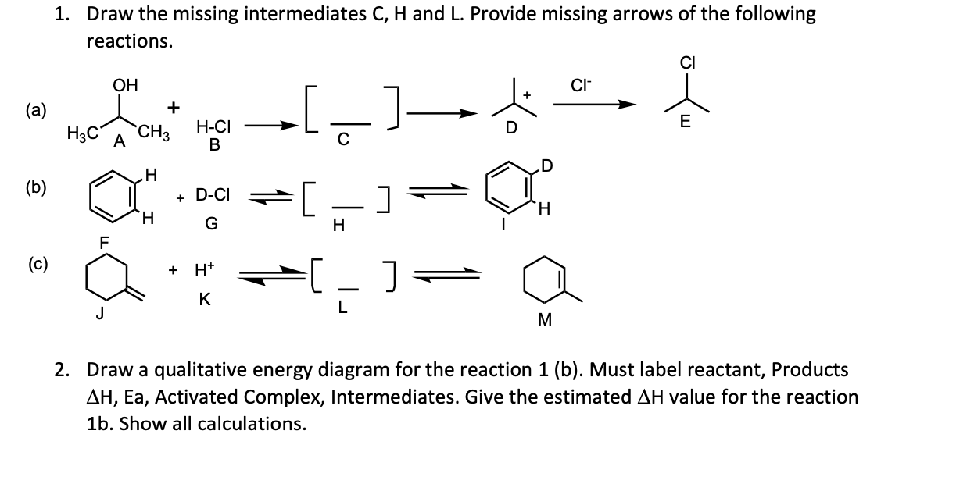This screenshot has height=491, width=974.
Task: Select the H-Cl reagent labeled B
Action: click(213, 127)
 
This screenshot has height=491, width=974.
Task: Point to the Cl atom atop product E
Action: click(689, 62)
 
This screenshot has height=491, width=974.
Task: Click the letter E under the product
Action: click(686, 121)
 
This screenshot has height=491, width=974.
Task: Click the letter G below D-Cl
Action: click(211, 225)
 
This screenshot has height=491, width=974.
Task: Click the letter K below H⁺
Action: click(203, 299)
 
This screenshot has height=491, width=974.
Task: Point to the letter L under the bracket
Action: click(342, 308)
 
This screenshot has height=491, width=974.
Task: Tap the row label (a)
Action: click(35, 110)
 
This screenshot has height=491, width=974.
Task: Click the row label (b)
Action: click(35, 187)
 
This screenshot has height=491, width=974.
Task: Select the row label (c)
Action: click(35, 262)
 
